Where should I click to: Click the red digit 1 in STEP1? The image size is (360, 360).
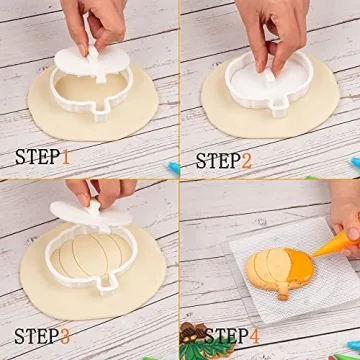point(65,156)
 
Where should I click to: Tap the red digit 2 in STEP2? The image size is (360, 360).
point(246,159)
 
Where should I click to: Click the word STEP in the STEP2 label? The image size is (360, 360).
point(217,159)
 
